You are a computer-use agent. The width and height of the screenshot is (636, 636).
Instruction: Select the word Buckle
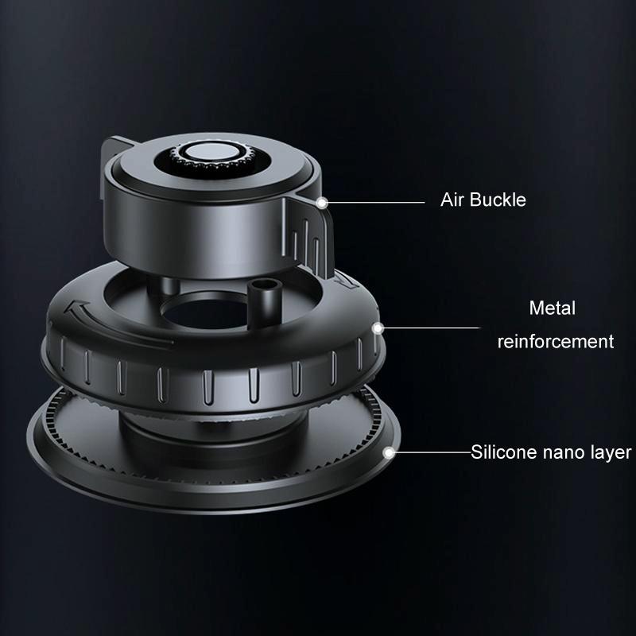(x=498, y=200)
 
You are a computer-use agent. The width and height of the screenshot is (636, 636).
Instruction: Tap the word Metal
(x=553, y=308)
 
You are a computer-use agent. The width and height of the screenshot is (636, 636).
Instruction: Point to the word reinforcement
(x=556, y=342)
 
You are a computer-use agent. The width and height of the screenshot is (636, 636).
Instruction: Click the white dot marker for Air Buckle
(x=322, y=203)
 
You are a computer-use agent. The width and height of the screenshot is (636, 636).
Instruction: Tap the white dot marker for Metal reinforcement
(x=378, y=328)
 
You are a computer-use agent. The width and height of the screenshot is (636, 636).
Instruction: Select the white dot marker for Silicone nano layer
(x=389, y=452)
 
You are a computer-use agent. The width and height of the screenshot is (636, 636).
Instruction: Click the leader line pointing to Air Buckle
(x=374, y=202)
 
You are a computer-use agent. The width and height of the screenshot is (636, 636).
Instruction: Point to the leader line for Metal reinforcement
(x=429, y=328)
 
